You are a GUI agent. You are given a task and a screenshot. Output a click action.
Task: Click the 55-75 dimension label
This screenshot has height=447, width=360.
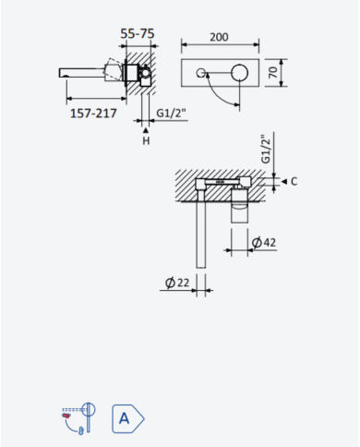click(x=138, y=33)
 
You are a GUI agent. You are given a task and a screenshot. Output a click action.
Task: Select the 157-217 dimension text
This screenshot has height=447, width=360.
click(x=93, y=114)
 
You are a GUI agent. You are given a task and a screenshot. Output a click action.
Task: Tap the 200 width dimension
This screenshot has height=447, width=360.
click(x=219, y=37)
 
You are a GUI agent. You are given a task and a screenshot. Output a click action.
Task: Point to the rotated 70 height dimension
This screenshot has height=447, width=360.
click(x=273, y=72)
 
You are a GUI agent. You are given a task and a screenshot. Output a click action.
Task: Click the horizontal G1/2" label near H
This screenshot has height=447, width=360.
click(x=171, y=114)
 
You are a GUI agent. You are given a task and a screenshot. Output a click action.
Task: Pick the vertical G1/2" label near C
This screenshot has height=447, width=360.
click(x=266, y=150)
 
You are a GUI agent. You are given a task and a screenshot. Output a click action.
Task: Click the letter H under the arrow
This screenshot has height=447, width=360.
click(x=146, y=141)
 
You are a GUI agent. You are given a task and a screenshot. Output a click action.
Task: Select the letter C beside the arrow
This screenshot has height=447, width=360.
click(x=294, y=181)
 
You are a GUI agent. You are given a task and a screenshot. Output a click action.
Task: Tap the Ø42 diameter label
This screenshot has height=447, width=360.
click(x=264, y=243)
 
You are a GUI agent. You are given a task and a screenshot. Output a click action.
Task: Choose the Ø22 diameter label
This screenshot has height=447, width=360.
click(x=177, y=283)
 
